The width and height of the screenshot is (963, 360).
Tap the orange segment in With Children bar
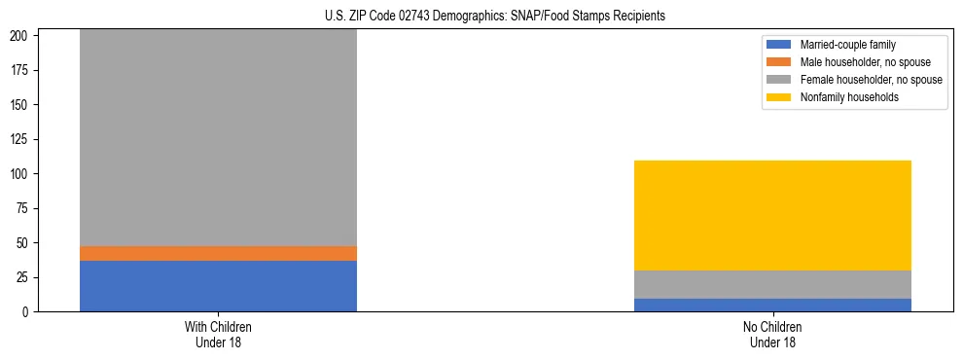[218, 253]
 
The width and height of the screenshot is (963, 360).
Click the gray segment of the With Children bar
[218, 137]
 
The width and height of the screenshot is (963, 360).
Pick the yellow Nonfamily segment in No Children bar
[772, 215]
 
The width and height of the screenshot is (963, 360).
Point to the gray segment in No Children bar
[772, 284]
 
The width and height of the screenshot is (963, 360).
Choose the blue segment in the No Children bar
[772, 305]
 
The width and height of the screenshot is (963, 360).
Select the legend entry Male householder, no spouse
[857, 62]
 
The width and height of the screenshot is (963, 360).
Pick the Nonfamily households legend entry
[843, 97]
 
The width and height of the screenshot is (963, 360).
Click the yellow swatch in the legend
[779, 97]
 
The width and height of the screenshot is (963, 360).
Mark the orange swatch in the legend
[779, 62]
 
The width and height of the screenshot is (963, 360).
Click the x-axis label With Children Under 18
[218, 334]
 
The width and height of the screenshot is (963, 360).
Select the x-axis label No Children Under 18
[772, 334]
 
